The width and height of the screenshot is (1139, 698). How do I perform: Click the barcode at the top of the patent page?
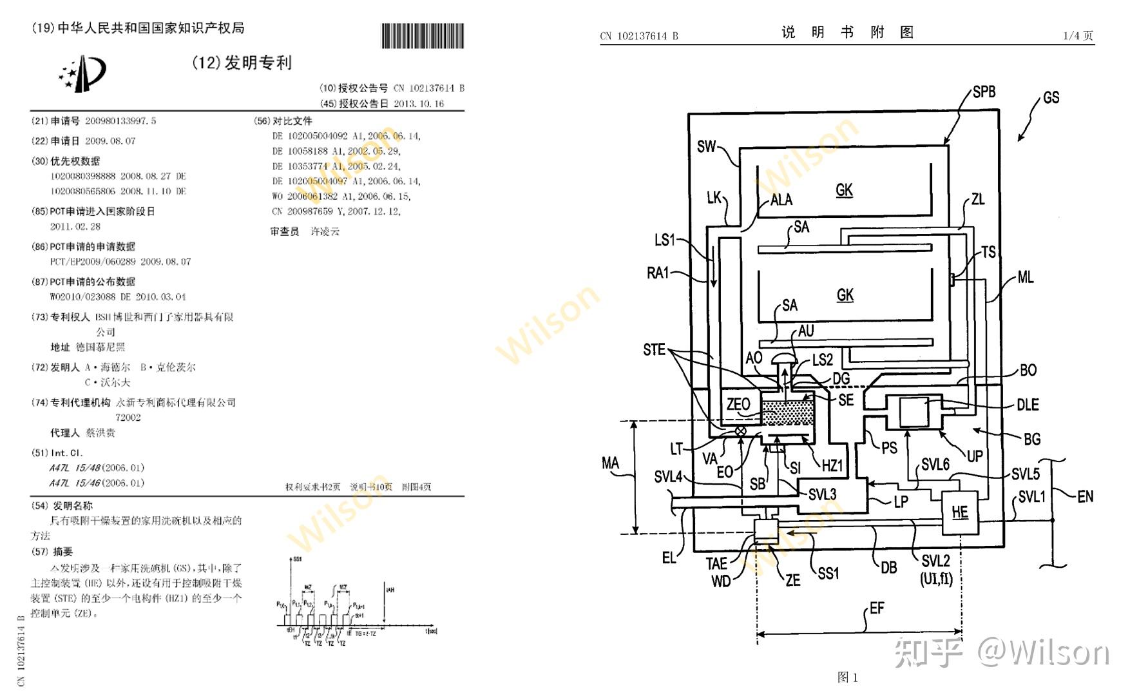[x=422, y=36]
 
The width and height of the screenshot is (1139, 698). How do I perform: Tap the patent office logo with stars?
[x=82, y=73]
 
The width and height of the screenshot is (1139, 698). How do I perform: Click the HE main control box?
[x=960, y=512]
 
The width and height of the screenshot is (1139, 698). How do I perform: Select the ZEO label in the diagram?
[x=738, y=405]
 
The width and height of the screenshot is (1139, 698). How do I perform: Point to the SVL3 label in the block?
[x=822, y=494]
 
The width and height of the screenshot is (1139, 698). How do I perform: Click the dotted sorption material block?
[x=787, y=412]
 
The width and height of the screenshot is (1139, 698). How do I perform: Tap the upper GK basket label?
[x=844, y=190]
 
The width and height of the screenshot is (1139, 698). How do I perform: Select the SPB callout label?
[x=984, y=92]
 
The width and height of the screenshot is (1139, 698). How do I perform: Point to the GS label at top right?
[x=1051, y=97]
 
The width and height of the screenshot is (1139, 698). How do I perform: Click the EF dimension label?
[x=877, y=608]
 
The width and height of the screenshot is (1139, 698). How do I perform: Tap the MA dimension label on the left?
[x=609, y=463]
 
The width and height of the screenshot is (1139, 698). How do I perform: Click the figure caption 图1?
[x=847, y=677]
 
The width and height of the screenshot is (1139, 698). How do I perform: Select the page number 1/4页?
[x=1078, y=35]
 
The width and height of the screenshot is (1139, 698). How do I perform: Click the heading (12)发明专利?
[x=242, y=63]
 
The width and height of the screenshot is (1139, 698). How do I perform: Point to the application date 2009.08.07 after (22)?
[x=110, y=141]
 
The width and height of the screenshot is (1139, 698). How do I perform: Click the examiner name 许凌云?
[x=325, y=231]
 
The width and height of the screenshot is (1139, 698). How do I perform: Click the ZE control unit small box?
[x=766, y=530]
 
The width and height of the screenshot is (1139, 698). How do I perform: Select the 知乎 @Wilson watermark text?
[x=1002, y=653]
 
